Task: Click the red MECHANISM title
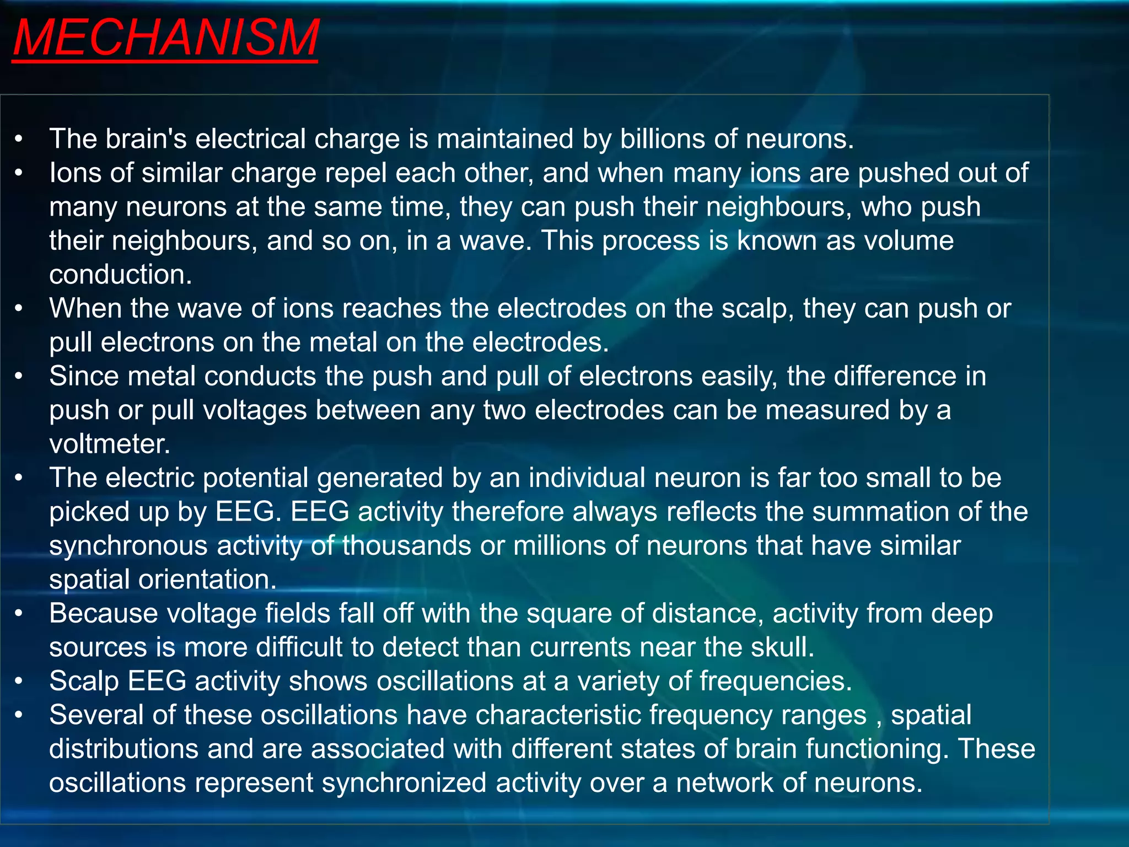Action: (165, 37)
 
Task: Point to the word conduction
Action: (120, 275)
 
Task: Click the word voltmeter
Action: (109, 444)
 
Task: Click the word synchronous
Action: (128, 546)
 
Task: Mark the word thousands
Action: (406, 546)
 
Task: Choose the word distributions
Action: (123, 749)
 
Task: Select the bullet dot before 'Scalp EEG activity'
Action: (19, 682)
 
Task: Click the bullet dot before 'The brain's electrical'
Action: (19, 139)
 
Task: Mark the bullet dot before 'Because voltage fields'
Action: (19, 614)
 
